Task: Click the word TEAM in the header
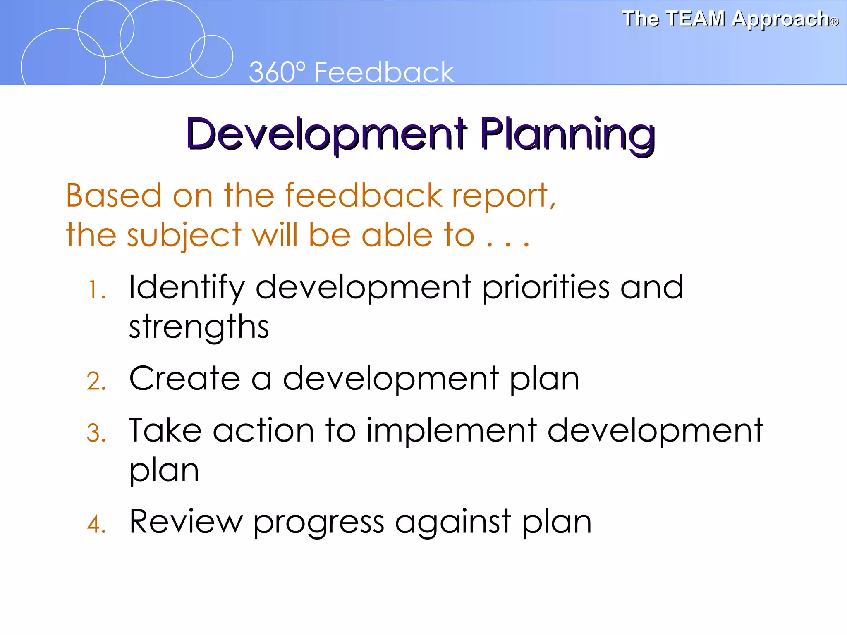(696, 19)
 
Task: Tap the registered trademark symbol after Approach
(834, 22)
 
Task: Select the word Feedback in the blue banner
(384, 72)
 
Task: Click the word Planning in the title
(567, 134)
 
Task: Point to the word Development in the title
(327, 134)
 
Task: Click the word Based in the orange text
(114, 195)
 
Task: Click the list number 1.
(97, 290)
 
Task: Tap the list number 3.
(96, 433)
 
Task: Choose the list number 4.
(96, 525)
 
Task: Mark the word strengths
(199, 327)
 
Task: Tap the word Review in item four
(186, 522)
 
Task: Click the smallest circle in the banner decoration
(212, 57)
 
